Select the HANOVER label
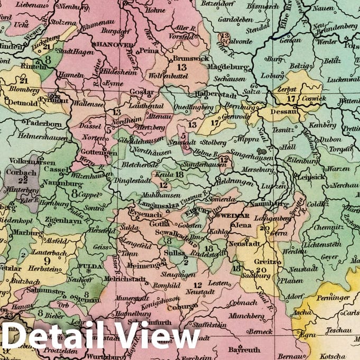114,44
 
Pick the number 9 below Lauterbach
47,260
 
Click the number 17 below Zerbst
290,98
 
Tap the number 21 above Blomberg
23,80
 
